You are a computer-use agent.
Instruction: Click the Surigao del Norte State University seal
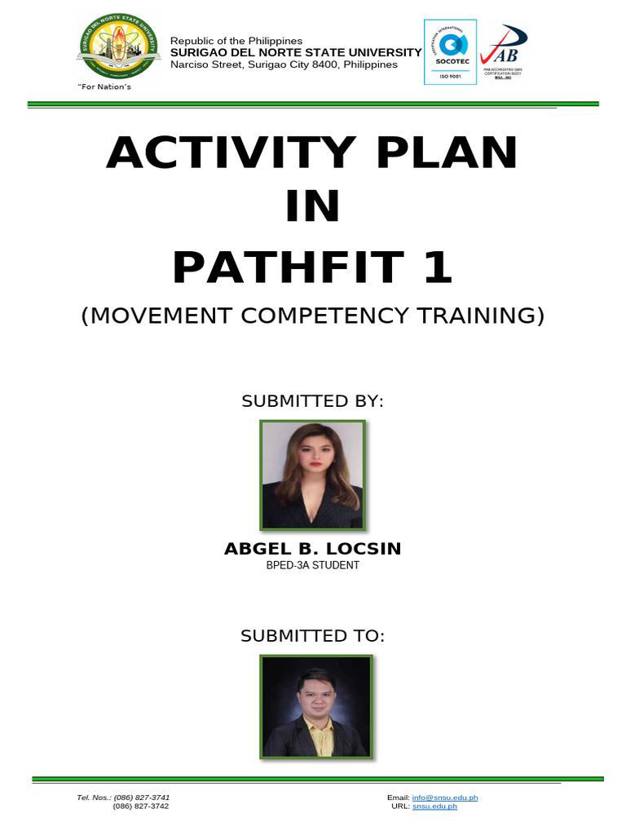[x=117, y=47]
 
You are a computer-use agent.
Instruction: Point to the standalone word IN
[x=312, y=210]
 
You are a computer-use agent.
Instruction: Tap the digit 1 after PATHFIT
[x=437, y=268]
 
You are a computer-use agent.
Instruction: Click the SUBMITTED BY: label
[x=312, y=401]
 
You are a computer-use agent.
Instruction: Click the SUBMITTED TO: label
[x=312, y=636]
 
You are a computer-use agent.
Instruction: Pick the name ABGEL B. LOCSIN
[x=312, y=549]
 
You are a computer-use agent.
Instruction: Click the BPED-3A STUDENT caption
[x=312, y=565]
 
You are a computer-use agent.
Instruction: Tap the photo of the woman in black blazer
[x=312, y=475]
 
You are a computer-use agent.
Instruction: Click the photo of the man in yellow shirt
[x=316, y=707]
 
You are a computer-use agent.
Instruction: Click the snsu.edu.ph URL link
[x=434, y=806]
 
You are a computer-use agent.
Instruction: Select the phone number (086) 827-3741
[x=141, y=797]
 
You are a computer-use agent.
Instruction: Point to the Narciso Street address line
[x=284, y=64]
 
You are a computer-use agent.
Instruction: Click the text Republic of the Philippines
[x=236, y=41]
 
